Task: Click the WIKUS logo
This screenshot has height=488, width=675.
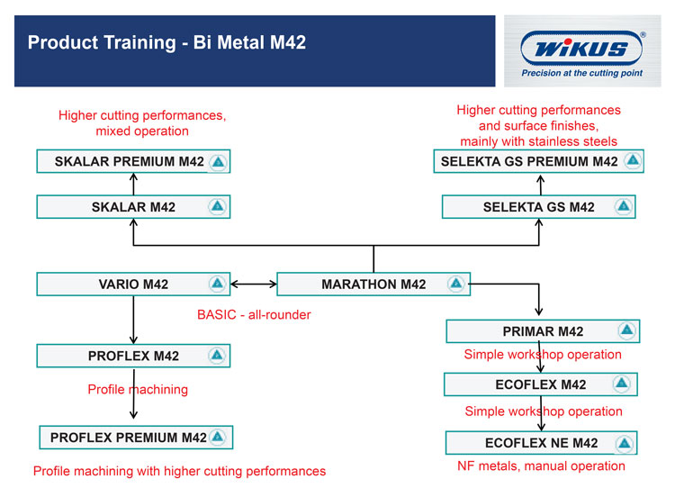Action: click(581, 48)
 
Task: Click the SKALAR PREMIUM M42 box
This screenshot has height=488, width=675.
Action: click(133, 161)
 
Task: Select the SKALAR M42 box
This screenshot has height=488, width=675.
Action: click(133, 207)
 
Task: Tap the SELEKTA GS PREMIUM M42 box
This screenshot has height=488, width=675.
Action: click(538, 161)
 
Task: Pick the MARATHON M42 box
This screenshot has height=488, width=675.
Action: click(373, 285)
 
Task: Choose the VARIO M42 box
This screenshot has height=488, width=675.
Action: click(133, 285)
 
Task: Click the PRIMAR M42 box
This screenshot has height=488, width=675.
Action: click(543, 331)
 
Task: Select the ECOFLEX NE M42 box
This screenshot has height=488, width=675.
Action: click(541, 443)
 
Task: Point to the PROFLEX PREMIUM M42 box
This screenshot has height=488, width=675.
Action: click(136, 438)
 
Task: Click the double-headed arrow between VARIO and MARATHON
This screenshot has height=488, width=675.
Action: click(254, 285)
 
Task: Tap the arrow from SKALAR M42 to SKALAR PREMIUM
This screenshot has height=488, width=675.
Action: click(133, 184)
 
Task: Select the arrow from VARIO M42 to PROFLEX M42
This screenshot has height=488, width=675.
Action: click(133, 320)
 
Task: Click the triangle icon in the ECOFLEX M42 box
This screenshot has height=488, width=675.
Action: click(621, 383)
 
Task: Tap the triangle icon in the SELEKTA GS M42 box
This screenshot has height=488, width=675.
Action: click(624, 206)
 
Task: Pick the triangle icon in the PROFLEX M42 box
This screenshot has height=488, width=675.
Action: click(217, 356)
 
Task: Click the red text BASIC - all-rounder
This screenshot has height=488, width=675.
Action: click(254, 315)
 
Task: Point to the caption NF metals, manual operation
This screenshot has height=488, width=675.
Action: click(541, 466)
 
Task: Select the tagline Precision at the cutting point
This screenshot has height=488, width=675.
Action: click(582, 73)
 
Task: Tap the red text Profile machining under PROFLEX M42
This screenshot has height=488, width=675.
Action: click(138, 389)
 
